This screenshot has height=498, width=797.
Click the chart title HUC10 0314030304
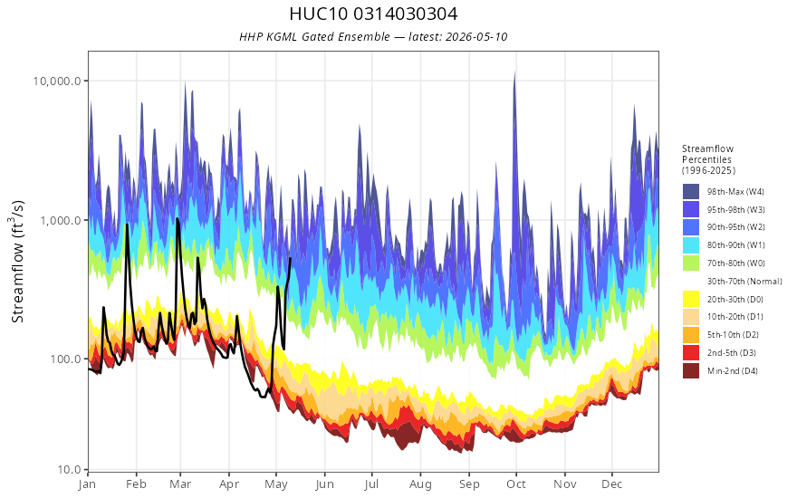pos(373,14)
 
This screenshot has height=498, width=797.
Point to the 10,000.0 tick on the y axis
pos(57,81)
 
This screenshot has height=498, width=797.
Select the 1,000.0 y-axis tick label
pos(60,220)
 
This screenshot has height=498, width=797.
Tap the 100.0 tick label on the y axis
pos(65,359)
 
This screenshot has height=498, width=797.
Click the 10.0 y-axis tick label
pos(68,470)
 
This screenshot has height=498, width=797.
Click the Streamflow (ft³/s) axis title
pos(17,261)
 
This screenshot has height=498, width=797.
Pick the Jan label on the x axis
pos(88,484)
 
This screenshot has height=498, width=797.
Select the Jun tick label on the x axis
pos(325,484)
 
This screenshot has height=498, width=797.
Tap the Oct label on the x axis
pos(516,484)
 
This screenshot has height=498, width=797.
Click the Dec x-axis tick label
pos(612,484)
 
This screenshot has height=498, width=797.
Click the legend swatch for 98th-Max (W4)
pos(691,192)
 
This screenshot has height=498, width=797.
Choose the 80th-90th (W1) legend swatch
pos(691,245)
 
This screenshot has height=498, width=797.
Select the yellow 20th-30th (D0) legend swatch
pos(691,299)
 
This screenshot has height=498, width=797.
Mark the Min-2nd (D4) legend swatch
pos(691,370)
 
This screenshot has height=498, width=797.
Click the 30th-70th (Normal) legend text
pos(744,281)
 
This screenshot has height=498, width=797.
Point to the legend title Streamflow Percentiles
pos(707,155)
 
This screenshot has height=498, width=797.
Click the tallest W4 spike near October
pos(514,72)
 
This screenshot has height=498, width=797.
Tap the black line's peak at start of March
pos(177,219)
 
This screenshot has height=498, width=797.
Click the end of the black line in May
pos(290,258)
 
